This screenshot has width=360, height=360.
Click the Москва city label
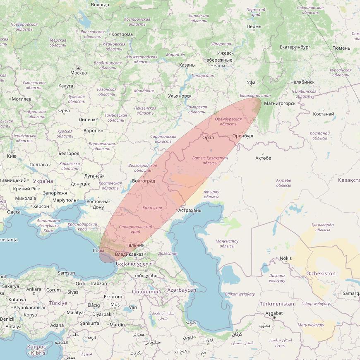pyautogui.click(x=79, y=73)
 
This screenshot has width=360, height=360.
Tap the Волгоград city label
pyautogui.click(x=143, y=181)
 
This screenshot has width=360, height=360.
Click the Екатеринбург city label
pyautogui.click(x=295, y=47)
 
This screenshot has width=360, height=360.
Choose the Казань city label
pyautogui.click(x=187, y=65)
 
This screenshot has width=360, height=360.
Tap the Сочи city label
pyautogui.click(x=98, y=251)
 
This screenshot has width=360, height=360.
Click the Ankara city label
pyautogui.click(x=34, y=289)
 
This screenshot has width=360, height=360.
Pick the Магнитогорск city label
pyautogui.click(x=280, y=103)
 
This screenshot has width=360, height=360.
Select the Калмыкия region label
pyautogui.click(x=152, y=208)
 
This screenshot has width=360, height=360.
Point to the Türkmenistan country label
pyautogui.click(x=277, y=304)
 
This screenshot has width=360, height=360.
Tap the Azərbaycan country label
pyautogui.click(x=182, y=290)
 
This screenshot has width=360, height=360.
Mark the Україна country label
pyautogui.click(x=43, y=181)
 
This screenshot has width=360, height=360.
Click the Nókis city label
pyautogui.click(x=286, y=258)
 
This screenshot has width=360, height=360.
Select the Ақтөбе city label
pyautogui.click(x=263, y=158)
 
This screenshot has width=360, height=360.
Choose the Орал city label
pyautogui.click(x=208, y=137)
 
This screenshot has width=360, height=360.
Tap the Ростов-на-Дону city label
pyautogui.click(x=98, y=204)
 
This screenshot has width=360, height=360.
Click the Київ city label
pyautogui.click(x=12, y=156)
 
